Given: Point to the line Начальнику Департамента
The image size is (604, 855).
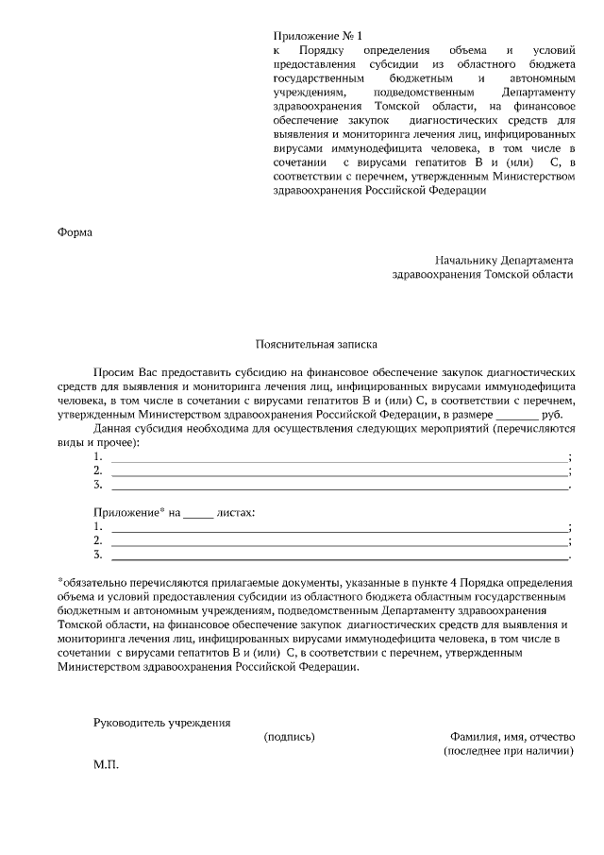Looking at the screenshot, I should tap(504, 259).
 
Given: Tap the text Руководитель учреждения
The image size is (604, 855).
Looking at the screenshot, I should tap(161, 723).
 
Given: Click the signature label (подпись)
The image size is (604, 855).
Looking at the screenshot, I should tap(289, 737).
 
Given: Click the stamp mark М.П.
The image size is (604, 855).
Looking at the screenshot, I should tap(106, 763).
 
